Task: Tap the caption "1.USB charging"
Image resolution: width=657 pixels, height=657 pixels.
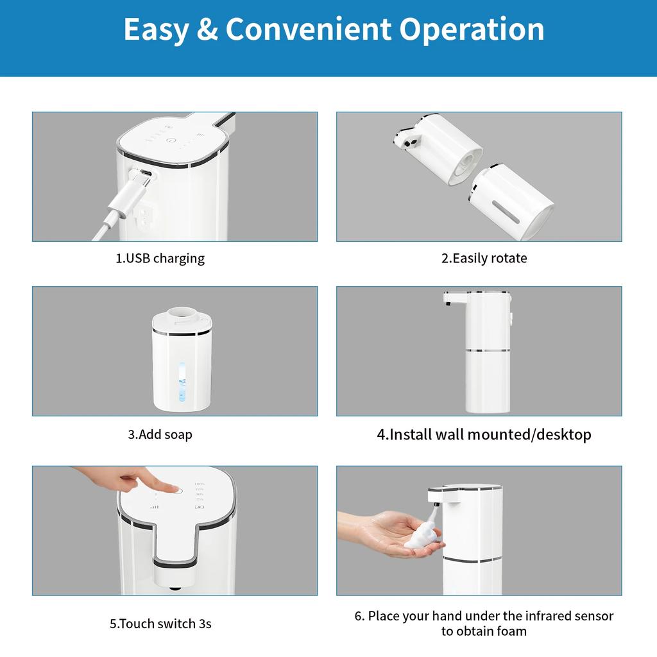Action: click(x=160, y=259)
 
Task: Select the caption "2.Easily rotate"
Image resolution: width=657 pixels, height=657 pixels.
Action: click(x=484, y=259)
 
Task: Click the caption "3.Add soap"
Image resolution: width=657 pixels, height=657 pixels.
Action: click(x=160, y=434)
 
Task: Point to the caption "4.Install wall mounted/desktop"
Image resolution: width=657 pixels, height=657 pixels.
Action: click(x=484, y=434)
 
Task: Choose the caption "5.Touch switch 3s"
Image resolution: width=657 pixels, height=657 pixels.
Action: click(x=160, y=623)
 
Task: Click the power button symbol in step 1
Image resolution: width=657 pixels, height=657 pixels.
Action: click(x=170, y=139)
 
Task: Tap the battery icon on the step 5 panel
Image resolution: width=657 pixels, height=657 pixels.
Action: click(x=200, y=507)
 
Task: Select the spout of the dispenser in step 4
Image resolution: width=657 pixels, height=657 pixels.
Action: click(x=451, y=297)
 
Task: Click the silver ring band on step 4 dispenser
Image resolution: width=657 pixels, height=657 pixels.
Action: click(x=487, y=350)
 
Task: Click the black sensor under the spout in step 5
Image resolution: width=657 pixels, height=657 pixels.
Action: click(x=174, y=587)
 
